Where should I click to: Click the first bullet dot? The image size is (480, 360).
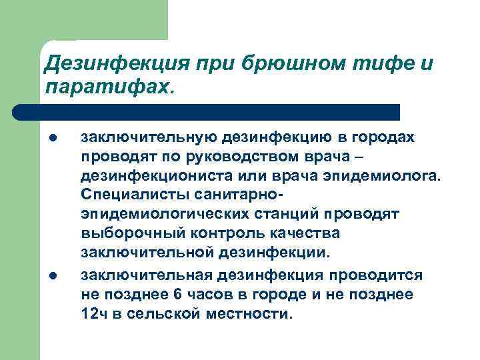point(51,139)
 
